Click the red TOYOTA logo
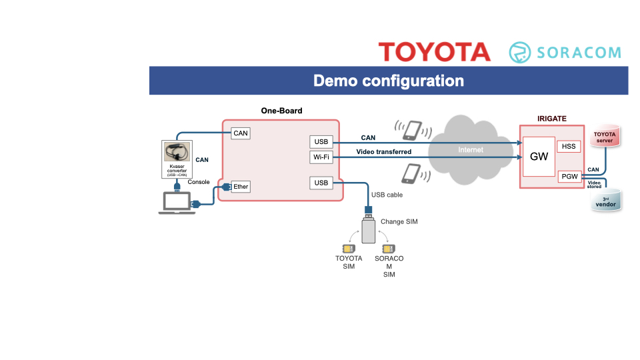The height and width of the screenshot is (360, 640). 434,52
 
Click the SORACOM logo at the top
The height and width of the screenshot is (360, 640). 565,53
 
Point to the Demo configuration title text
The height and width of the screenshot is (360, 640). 389,81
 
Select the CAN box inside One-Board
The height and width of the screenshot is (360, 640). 241,133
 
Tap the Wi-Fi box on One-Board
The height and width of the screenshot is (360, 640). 321,157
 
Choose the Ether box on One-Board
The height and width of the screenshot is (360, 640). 241,187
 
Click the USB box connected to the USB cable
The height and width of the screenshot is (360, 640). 321,183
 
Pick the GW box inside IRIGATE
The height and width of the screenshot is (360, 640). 539,157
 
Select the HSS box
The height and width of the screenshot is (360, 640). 569,146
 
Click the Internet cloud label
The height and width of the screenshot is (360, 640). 471,150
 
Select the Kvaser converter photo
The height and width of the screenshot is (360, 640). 177,152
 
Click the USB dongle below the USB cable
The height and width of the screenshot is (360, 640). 368,227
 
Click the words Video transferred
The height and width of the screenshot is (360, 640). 384,152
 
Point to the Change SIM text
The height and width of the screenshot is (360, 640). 399,221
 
